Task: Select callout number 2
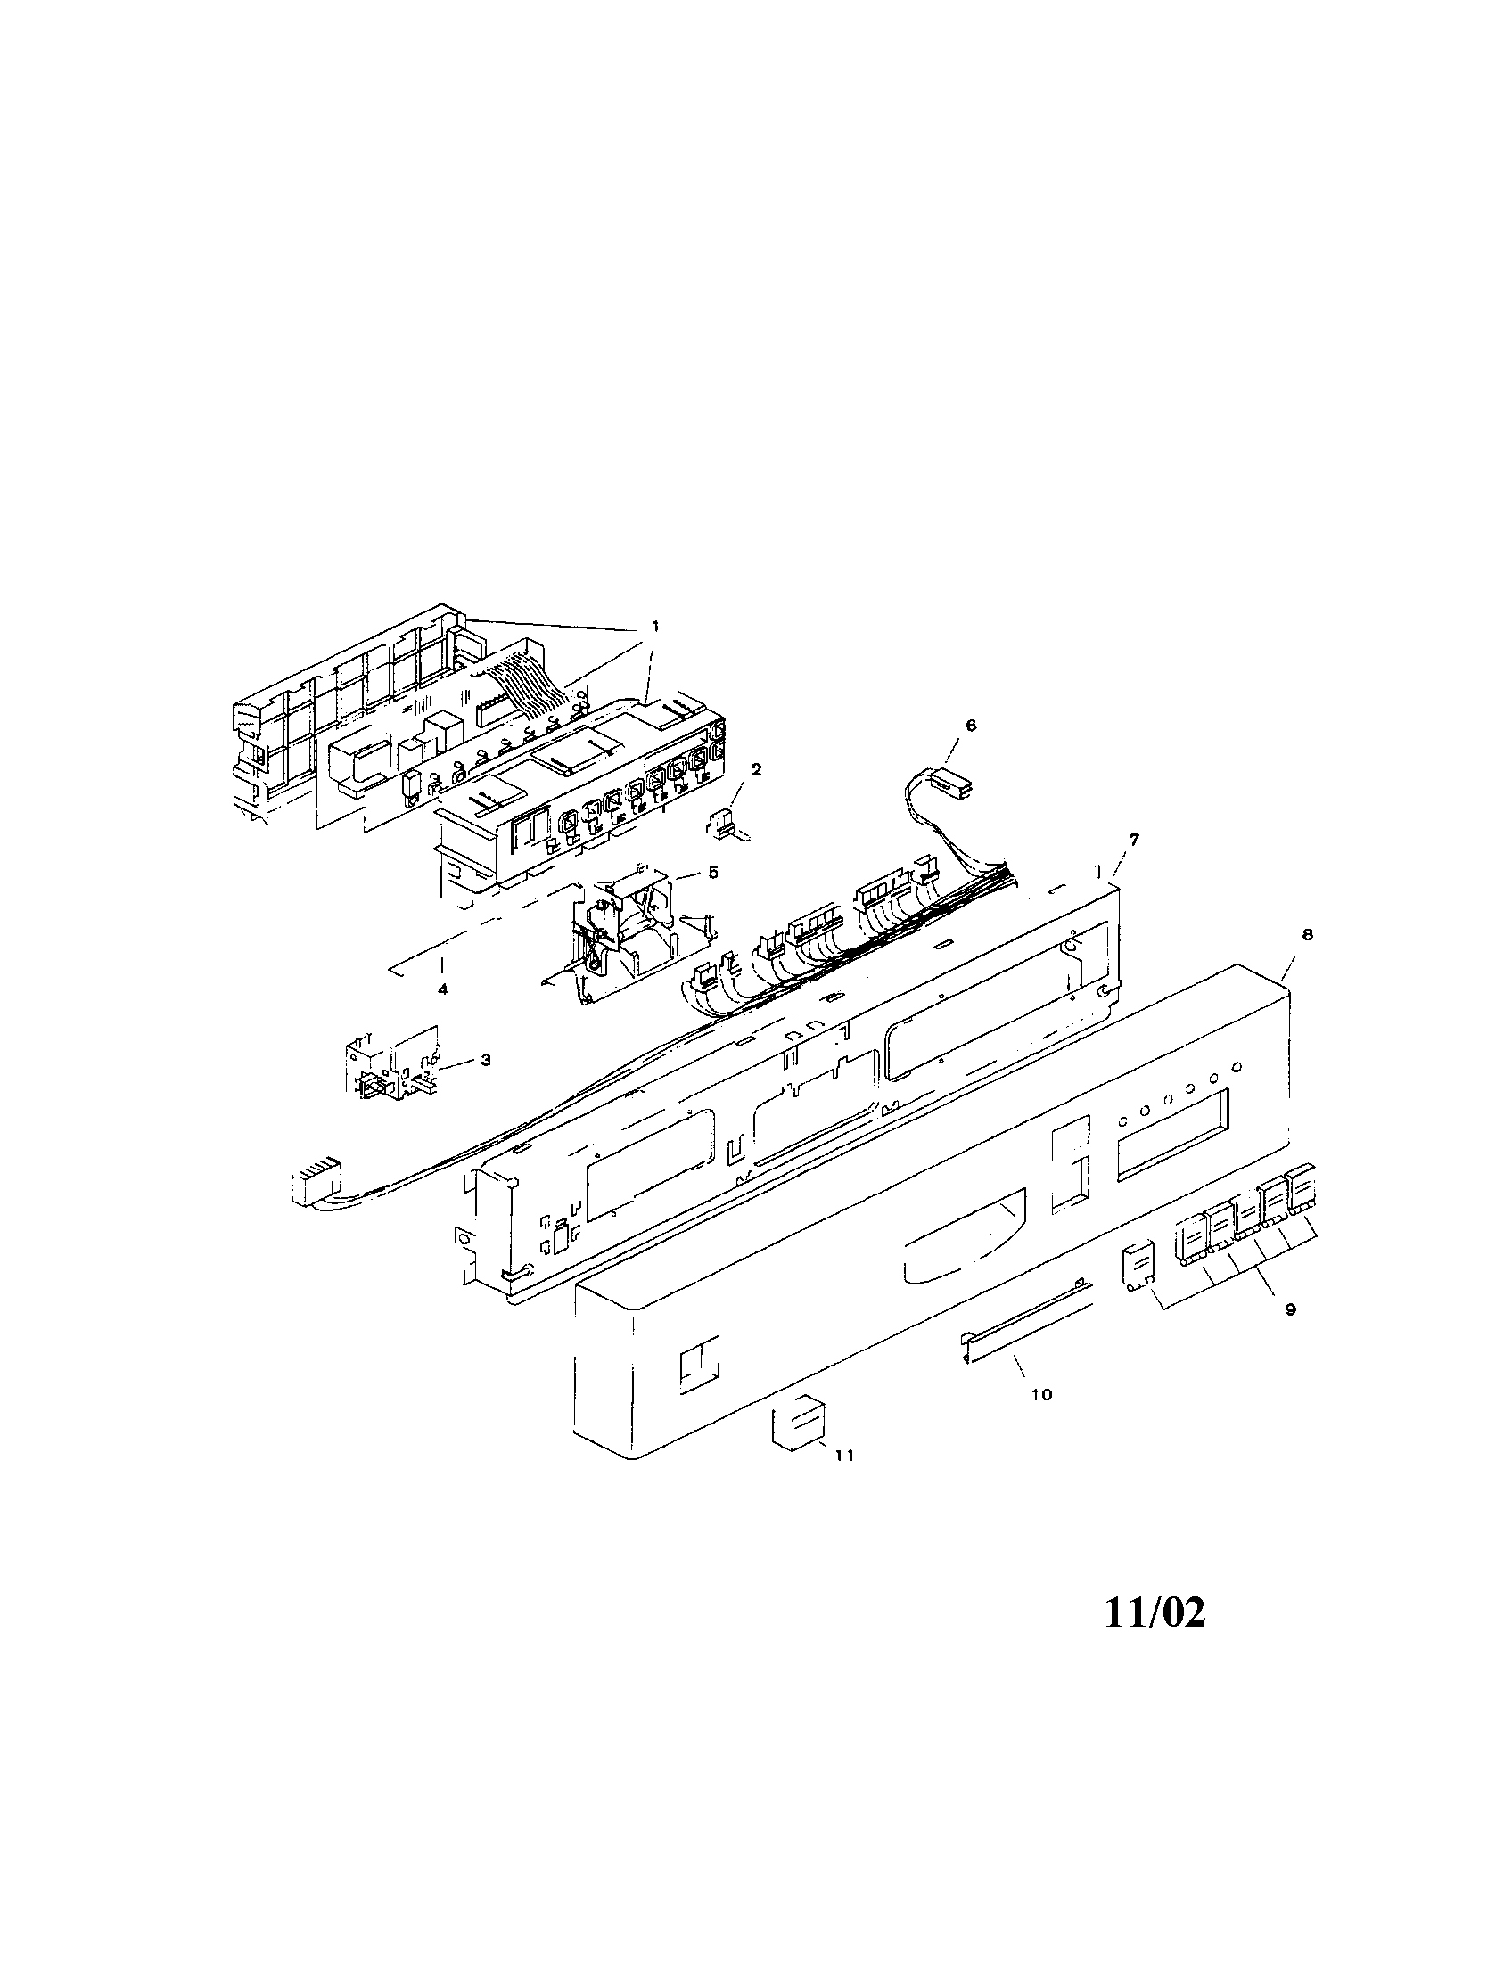[x=756, y=768]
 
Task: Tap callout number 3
[x=485, y=1061]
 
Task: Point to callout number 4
[x=442, y=989]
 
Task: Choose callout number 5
[x=713, y=872]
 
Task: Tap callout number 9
[x=1290, y=1310]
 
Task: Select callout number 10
[x=1041, y=1394]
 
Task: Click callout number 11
[x=844, y=1456]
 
